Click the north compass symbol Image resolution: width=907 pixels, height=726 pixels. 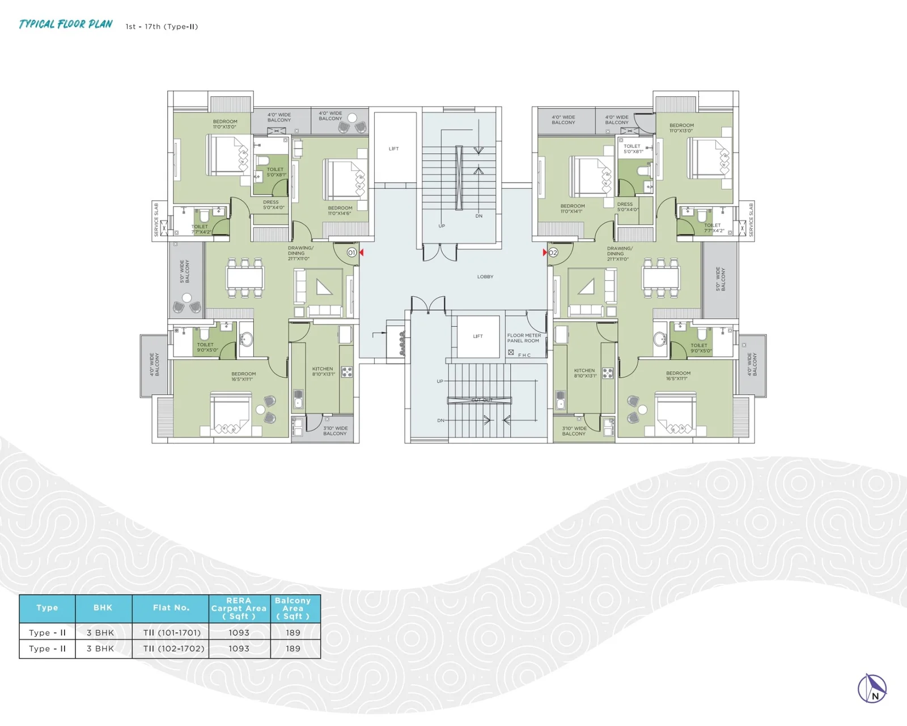(872, 689)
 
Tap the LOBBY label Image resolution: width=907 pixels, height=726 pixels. (485, 277)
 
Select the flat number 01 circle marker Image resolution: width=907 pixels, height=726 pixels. (352, 252)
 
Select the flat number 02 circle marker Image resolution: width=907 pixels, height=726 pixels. (553, 252)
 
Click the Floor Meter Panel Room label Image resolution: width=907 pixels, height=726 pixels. (524, 338)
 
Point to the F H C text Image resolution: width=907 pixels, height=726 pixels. (524, 355)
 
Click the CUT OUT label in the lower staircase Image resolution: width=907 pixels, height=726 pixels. (482, 400)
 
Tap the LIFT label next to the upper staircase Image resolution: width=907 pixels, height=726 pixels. (394, 149)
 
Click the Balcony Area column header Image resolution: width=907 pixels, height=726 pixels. (293, 608)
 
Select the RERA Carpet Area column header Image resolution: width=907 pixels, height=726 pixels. (239, 608)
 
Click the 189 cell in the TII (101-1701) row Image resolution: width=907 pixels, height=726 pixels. (293, 632)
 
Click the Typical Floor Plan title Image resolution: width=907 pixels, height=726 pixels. (66, 24)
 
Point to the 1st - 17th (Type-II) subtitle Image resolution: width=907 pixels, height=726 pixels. (162, 27)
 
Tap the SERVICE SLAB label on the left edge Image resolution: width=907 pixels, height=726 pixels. (156, 220)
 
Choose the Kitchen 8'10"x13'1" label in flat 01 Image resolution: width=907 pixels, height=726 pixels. (323, 372)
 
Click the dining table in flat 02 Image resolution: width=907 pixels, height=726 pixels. (660, 278)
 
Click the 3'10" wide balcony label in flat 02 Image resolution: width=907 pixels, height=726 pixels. (574, 431)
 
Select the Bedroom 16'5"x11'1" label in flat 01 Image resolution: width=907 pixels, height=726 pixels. (244, 377)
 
